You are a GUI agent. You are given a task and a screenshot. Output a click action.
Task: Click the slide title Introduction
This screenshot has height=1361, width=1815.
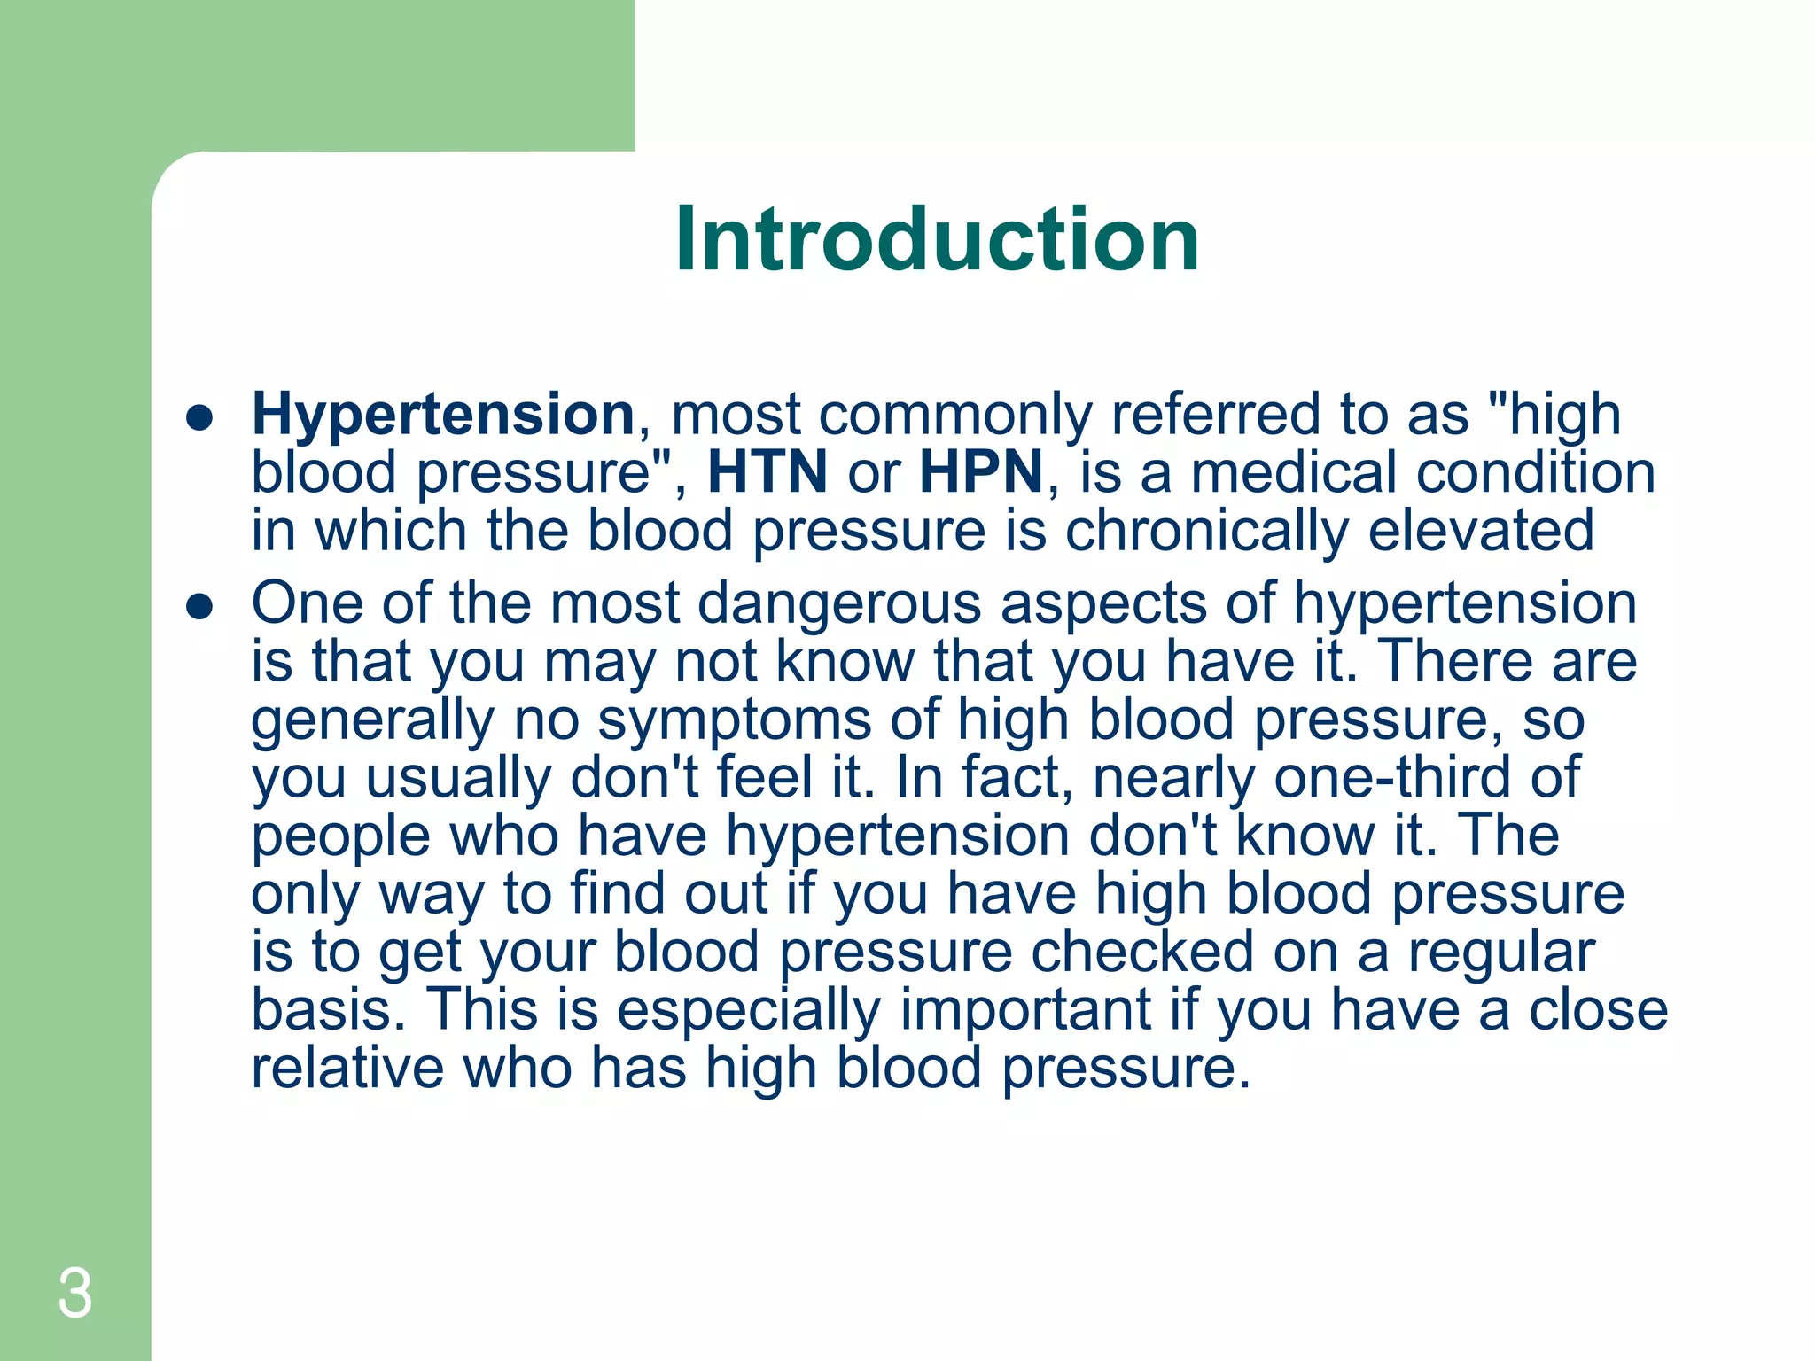pyautogui.click(x=937, y=239)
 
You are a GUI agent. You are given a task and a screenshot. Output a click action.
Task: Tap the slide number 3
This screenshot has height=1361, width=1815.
pyautogui.click(x=75, y=1295)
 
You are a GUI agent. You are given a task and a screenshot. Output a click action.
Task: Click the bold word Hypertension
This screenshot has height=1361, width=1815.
pyautogui.click(x=443, y=415)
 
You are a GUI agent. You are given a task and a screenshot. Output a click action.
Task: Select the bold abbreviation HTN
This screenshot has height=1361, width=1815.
pyautogui.click(x=767, y=472)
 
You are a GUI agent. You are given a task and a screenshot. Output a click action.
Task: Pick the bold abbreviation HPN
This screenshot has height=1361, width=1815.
pyautogui.click(x=981, y=472)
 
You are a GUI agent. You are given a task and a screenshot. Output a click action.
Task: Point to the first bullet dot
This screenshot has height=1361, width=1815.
pyautogui.click(x=200, y=418)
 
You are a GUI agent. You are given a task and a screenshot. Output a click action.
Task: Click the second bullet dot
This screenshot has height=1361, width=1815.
pyautogui.click(x=200, y=607)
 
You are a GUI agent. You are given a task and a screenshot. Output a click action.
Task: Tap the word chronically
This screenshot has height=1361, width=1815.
pyautogui.click(x=1205, y=532)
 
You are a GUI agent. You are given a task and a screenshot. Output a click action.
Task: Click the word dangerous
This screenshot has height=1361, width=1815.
pyautogui.click(x=839, y=603)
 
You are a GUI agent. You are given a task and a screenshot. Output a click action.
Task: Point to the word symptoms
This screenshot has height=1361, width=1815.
pyautogui.click(x=735, y=719)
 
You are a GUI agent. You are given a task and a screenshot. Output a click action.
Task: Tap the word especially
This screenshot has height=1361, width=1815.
pyautogui.click(x=749, y=1011)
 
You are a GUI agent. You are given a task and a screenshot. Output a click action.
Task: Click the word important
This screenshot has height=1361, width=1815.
pyautogui.click(x=1025, y=1011)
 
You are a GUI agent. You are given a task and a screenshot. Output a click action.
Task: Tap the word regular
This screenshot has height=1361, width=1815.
pyautogui.click(x=1501, y=953)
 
